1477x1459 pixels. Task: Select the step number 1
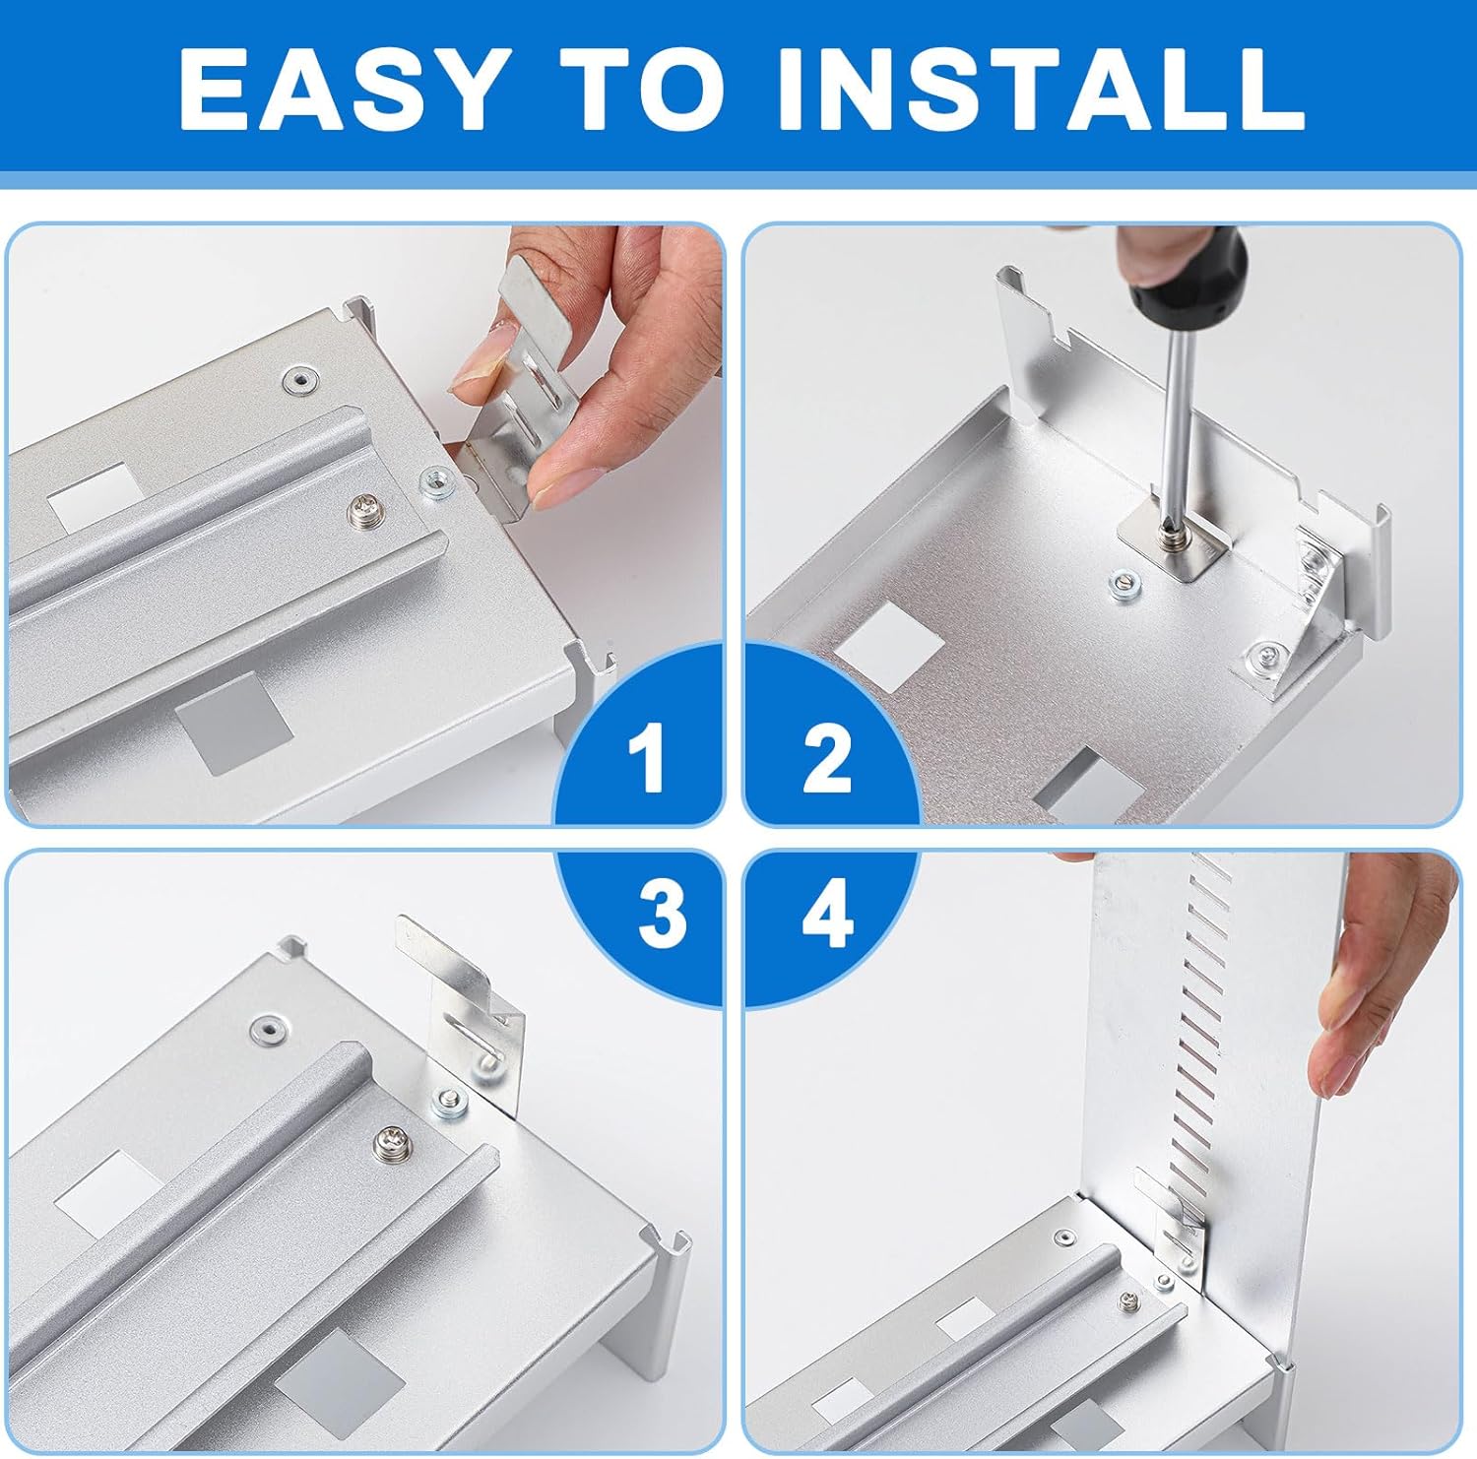click(647, 757)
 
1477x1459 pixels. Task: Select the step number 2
click(826, 757)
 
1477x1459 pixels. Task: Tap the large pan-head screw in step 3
click(392, 1144)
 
